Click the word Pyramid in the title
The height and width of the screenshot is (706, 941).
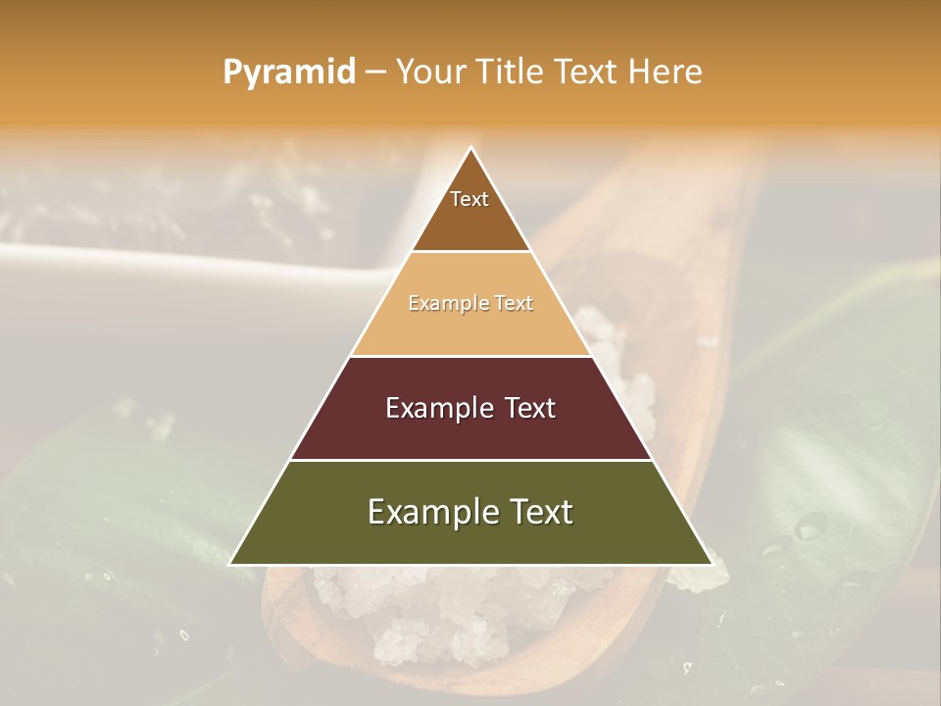(288, 73)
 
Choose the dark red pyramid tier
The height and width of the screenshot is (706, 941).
(470, 431)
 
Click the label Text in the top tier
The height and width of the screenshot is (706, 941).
(470, 199)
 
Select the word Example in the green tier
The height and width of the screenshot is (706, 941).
(428, 512)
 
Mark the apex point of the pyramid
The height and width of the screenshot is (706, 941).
(470, 148)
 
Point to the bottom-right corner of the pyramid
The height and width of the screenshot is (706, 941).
(711, 564)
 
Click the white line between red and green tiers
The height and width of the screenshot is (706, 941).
(470, 460)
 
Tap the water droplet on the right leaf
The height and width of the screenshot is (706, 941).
(810, 527)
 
